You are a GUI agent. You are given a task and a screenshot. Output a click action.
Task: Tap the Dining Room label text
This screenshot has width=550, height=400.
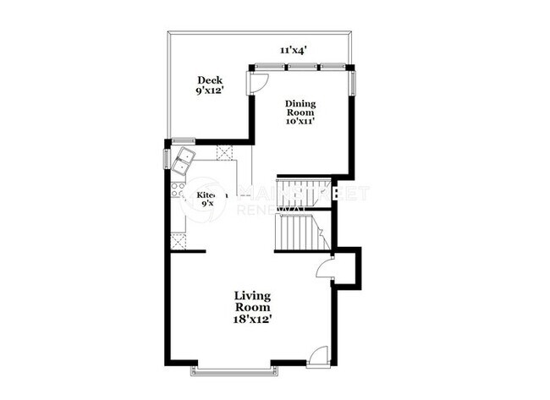(300, 108)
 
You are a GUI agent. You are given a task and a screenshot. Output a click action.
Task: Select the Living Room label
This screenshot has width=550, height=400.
(252, 302)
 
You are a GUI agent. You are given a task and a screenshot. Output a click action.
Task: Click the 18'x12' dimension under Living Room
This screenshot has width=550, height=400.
(253, 320)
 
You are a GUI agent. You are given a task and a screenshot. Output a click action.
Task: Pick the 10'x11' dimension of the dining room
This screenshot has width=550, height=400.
(300, 122)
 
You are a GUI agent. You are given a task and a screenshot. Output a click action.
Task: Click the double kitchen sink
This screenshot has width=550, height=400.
(184, 159)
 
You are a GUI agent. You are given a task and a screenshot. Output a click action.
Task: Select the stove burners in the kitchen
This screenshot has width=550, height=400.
(178, 191)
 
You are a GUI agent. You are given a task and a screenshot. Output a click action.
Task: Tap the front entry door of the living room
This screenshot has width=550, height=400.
(317, 357)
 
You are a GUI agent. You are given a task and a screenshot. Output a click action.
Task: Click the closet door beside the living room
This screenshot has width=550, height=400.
(324, 268)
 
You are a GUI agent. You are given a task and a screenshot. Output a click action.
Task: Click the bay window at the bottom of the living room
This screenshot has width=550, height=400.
(234, 369)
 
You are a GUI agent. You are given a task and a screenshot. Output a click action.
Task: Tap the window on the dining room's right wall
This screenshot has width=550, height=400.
(353, 82)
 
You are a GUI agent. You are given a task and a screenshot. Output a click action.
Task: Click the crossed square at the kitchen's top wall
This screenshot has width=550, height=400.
(225, 152)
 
